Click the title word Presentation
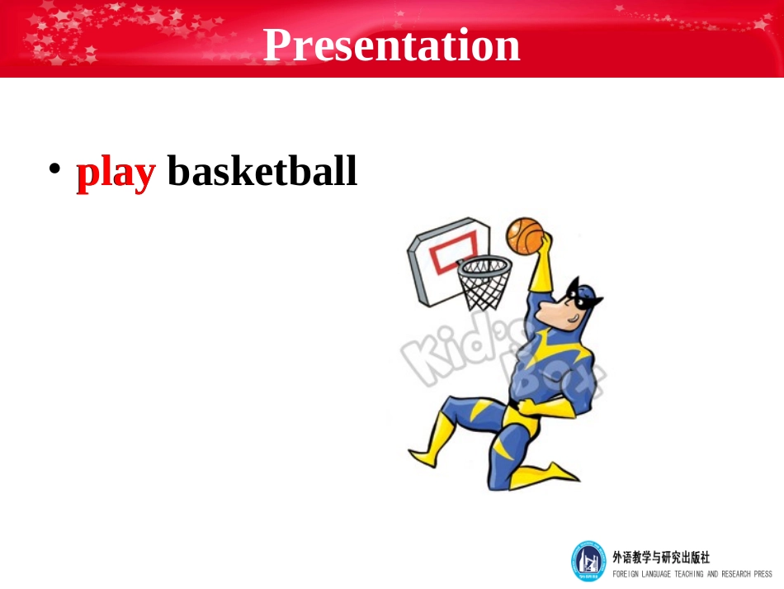click(x=391, y=45)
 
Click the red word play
click(x=116, y=172)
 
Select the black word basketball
click(x=262, y=170)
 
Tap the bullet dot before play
click(x=54, y=169)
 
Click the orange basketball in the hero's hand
click(x=525, y=235)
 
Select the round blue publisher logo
click(x=588, y=561)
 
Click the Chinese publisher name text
click(x=661, y=557)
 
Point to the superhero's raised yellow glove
click(x=541, y=264)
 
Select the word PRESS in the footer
click(x=763, y=574)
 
